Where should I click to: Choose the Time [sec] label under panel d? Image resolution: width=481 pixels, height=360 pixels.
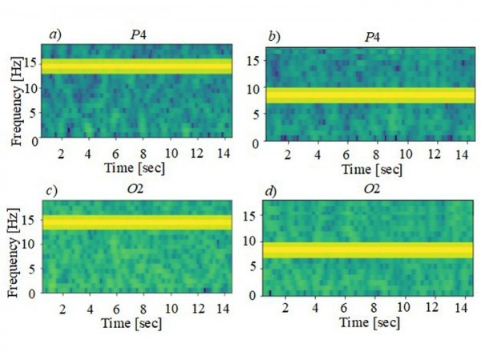tap(371, 322)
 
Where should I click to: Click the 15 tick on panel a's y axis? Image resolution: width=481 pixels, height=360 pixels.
tap(32, 62)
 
